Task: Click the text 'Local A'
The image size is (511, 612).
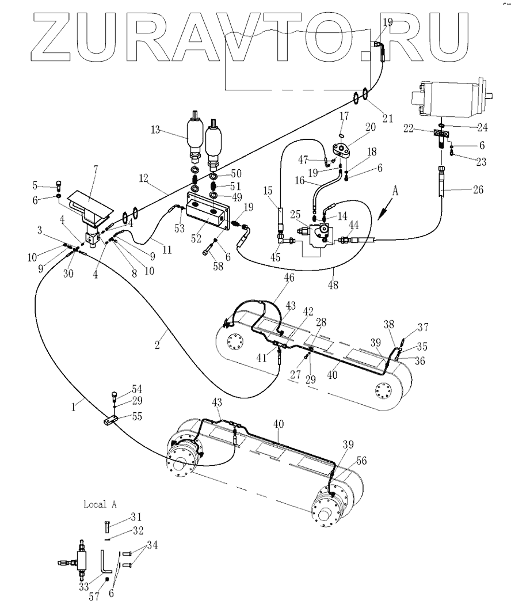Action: tap(100, 504)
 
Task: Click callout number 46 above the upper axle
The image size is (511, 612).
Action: tap(288, 278)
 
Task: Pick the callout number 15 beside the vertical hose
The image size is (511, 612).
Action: tap(268, 191)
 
